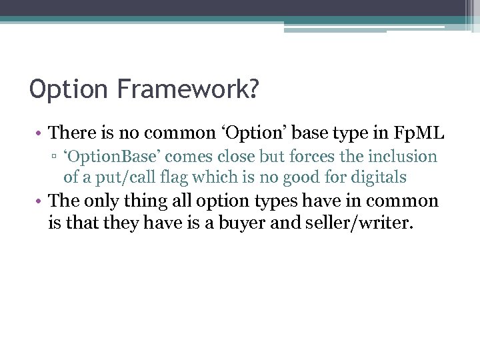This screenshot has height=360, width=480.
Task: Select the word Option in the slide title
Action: coord(60,89)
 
